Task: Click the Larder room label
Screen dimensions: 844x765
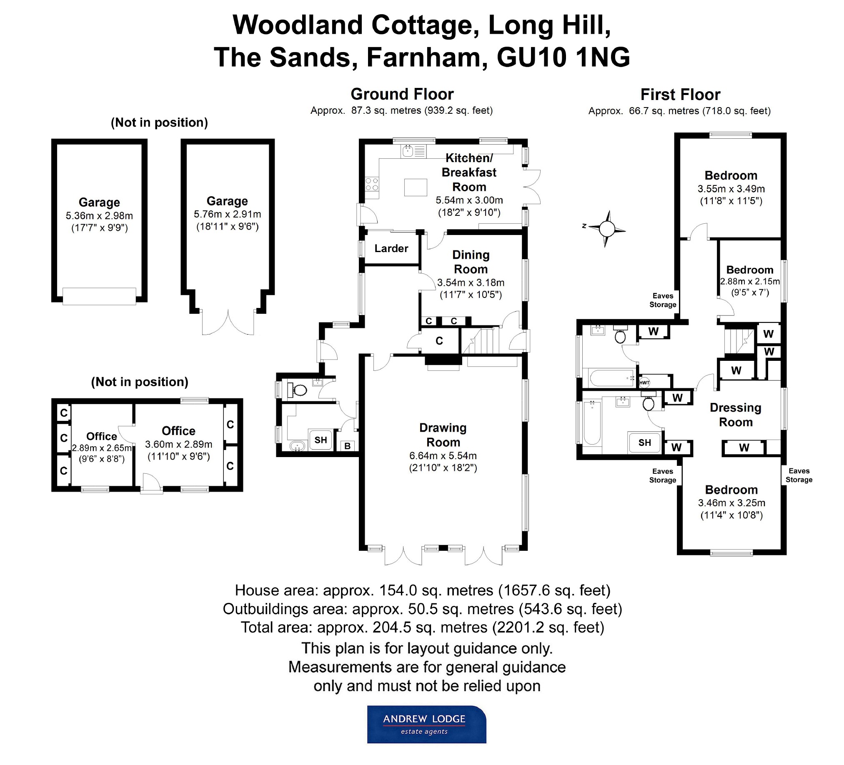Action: point(391,249)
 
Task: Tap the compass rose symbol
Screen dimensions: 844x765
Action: point(606,229)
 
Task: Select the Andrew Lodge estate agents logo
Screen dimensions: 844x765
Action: point(426,725)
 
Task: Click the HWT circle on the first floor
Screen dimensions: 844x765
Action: point(644,382)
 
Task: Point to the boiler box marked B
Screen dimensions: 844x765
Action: point(348,446)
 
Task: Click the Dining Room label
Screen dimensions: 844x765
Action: point(471,262)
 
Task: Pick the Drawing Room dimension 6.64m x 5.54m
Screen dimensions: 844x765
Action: point(443,455)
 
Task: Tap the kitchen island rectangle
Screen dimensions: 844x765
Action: point(415,187)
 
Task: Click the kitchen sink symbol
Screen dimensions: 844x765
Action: point(408,151)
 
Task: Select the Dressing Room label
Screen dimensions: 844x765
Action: point(736,415)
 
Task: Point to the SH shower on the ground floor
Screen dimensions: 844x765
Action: point(321,440)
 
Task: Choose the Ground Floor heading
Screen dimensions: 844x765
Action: point(402,94)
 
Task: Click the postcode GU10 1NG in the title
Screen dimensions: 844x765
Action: point(563,57)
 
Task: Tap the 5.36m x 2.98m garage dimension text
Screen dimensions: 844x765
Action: point(99,216)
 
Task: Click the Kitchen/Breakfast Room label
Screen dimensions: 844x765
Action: point(469,172)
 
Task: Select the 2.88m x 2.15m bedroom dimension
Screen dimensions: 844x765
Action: point(750,281)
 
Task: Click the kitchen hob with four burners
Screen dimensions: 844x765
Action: point(372,184)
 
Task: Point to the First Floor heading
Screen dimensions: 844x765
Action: point(680,95)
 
